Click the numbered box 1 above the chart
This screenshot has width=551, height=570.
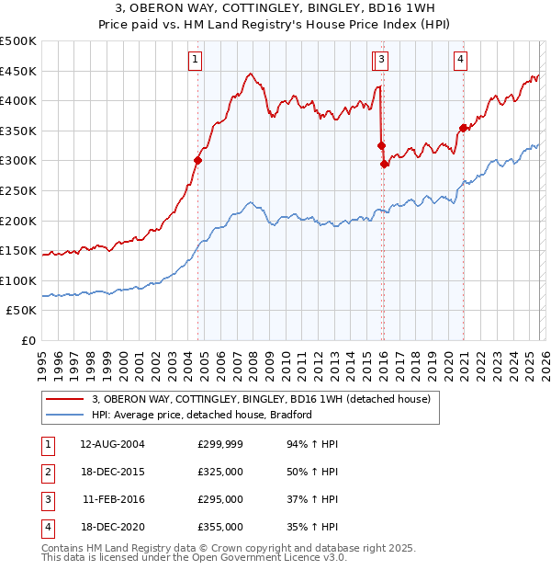click(x=197, y=61)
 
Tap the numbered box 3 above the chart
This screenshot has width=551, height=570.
click(x=381, y=61)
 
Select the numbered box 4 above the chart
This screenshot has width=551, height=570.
click(x=460, y=61)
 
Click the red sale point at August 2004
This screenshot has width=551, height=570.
click(x=197, y=160)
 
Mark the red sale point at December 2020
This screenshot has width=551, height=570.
click(x=464, y=128)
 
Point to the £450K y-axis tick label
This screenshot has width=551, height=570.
click(x=18, y=71)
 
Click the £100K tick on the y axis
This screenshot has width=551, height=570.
click(x=18, y=280)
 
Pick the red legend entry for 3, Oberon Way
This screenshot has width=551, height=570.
click(x=267, y=399)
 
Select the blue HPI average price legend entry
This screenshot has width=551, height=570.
click(x=202, y=415)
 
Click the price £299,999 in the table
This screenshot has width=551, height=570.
click(x=220, y=443)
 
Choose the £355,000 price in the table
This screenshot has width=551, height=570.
click(x=220, y=528)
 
